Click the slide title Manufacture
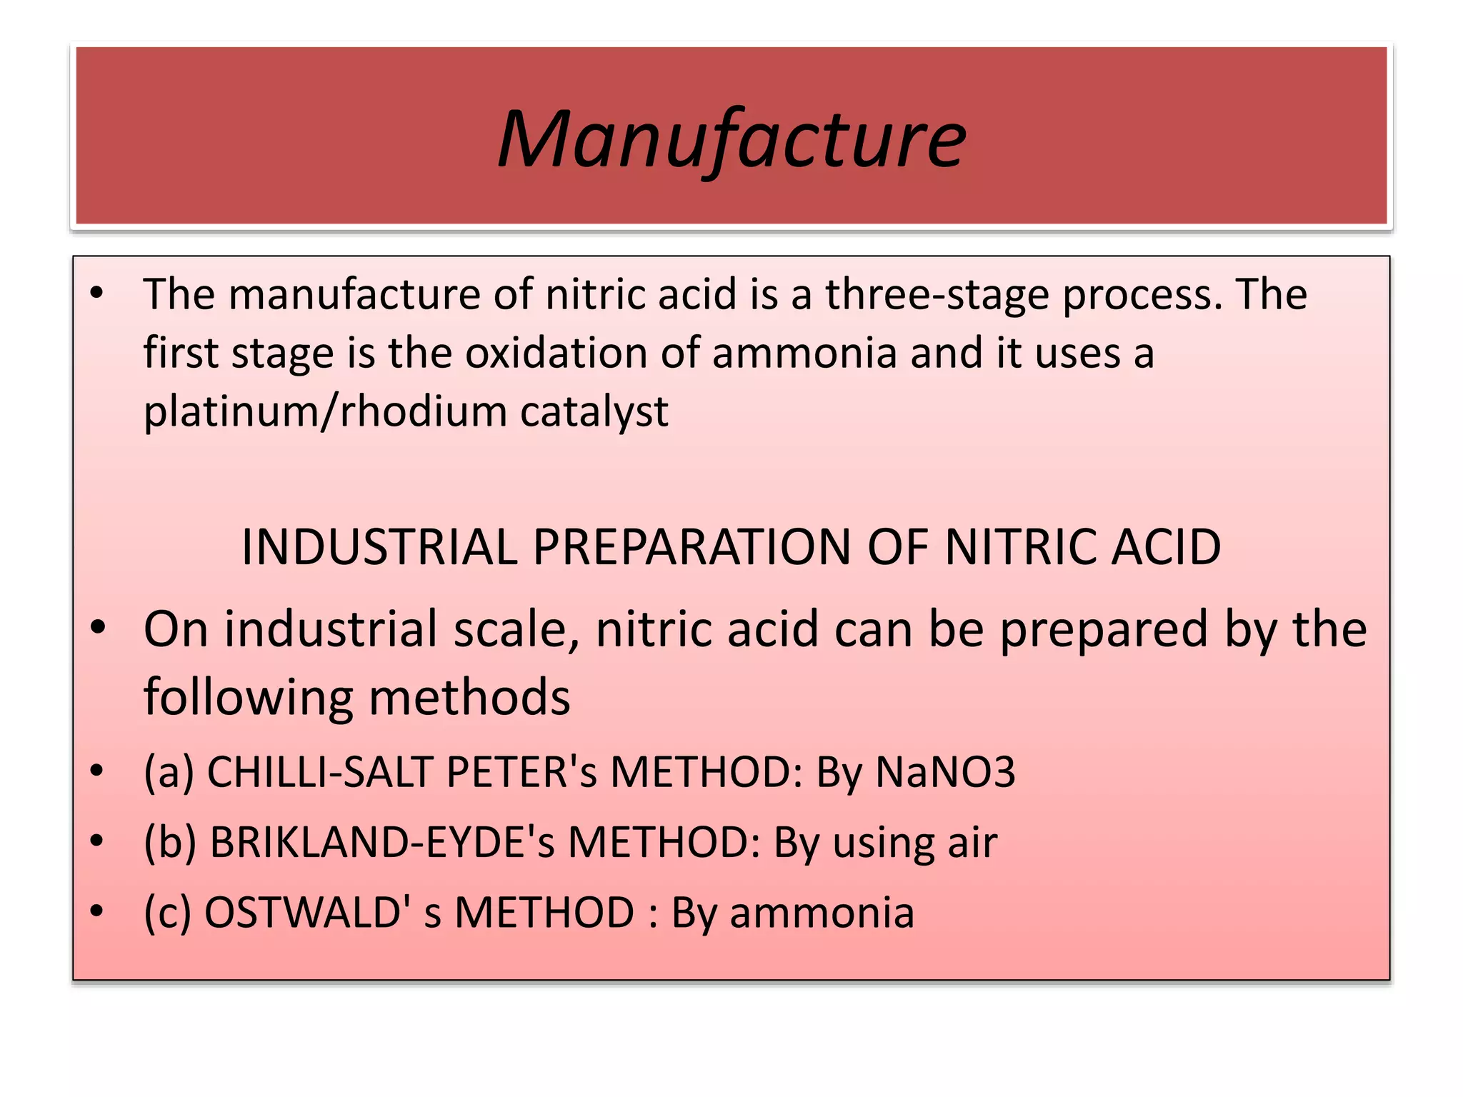[x=731, y=139]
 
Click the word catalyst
[x=594, y=412]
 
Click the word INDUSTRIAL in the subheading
[x=379, y=548]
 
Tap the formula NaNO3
[x=945, y=772]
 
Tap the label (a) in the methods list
[x=169, y=772]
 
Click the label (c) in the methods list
[x=168, y=913]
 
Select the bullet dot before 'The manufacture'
[x=97, y=293]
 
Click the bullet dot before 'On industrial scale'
[x=98, y=628]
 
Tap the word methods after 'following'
[x=469, y=697]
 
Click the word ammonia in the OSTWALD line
[x=822, y=913]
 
